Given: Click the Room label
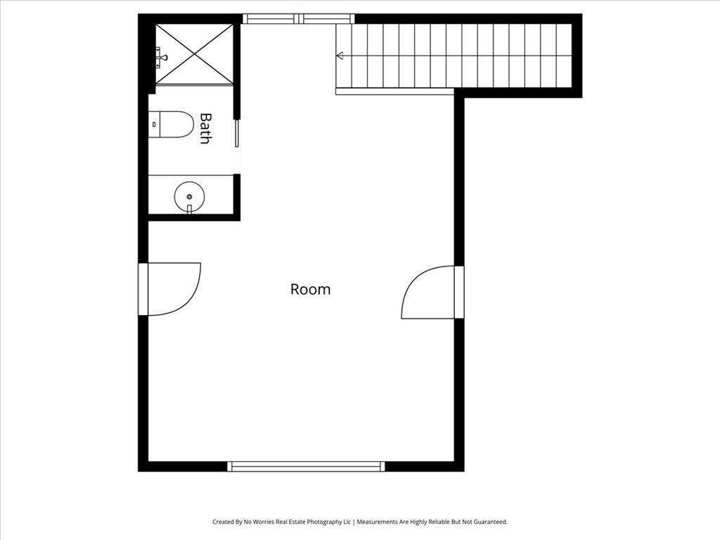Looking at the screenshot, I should (x=310, y=289).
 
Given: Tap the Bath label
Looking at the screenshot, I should (x=205, y=128).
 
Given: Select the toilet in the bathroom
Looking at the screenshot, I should (x=172, y=124).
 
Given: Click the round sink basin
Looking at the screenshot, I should (x=189, y=196).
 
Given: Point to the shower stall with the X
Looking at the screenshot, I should (x=194, y=54).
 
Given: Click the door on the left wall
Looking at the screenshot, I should (x=171, y=288).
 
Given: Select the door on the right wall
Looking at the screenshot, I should (x=430, y=292).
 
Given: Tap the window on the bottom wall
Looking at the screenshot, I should (x=306, y=466).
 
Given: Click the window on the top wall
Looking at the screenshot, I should (x=298, y=19).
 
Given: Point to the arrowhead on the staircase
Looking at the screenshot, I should (x=340, y=56).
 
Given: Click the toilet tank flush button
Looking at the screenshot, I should (x=154, y=124).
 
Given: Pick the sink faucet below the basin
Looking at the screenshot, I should (x=189, y=209).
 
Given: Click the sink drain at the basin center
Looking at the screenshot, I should (x=189, y=196).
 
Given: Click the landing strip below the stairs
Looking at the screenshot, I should (x=394, y=91).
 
